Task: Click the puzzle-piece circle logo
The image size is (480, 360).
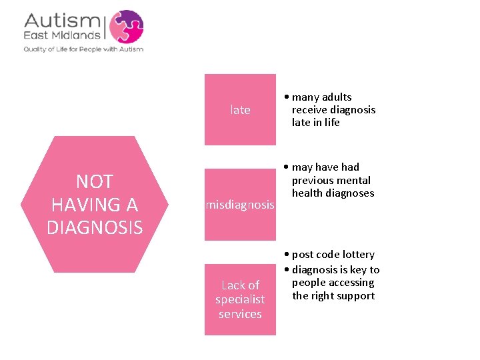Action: coord(126,27)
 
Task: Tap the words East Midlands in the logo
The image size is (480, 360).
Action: coord(64,35)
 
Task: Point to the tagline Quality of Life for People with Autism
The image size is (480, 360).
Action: coord(83,49)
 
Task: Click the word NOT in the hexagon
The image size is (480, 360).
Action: coord(95,181)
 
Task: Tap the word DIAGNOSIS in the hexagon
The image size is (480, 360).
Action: coord(95,228)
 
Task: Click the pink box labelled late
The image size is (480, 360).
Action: coord(240,110)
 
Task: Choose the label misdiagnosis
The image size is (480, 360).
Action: coord(240,205)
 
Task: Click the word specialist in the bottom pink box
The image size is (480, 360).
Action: coord(240,299)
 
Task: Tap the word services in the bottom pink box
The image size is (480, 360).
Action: coord(240,314)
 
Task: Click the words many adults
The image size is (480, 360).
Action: coord(321,97)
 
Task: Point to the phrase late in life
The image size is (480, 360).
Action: coord(315,123)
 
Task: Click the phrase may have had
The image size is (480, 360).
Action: coord(325,167)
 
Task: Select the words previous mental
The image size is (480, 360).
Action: coord(331,181)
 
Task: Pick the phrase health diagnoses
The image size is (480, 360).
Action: coord(333,193)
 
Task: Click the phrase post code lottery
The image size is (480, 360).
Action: coord(333,255)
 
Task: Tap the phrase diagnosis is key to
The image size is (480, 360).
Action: coord(335,270)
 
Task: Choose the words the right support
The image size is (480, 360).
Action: coord(333,295)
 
